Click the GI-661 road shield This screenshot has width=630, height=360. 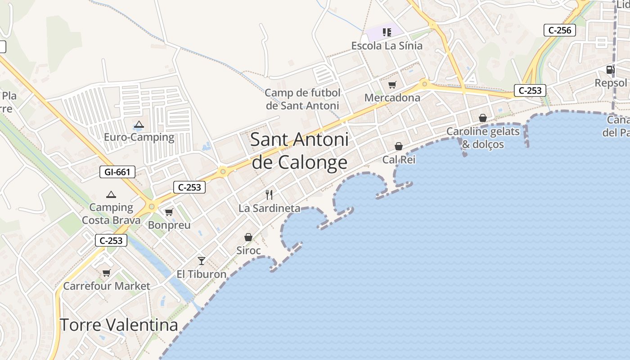tap(117, 172)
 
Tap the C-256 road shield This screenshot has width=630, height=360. tap(560, 30)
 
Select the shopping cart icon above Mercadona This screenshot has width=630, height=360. tap(392, 85)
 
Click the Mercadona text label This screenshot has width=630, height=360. tap(392, 98)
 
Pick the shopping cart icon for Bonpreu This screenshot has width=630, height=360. tap(169, 212)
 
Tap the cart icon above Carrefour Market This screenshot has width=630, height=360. tap(107, 273)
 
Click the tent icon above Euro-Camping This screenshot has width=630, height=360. tap(139, 124)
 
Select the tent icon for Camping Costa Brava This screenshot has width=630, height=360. tap(111, 194)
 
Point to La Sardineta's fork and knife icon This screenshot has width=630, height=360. tap(269, 194)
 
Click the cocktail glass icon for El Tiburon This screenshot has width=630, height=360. tap(201, 261)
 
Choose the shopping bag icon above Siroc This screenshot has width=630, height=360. tap(248, 237)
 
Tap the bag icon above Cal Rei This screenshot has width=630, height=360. tap(399, 146)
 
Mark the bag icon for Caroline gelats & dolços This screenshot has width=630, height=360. tap(483, 118)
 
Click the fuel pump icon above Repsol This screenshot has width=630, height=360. tap(610, 69)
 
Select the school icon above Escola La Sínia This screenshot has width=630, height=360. tap(387, 32)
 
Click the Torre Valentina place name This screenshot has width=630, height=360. tap(119, 324)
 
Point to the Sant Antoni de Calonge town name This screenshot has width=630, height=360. tap(299, 151)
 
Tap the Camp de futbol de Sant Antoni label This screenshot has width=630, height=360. tap(302, 99)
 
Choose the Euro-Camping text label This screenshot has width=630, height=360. tap(139, 137)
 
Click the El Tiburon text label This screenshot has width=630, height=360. tap(201, 274)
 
